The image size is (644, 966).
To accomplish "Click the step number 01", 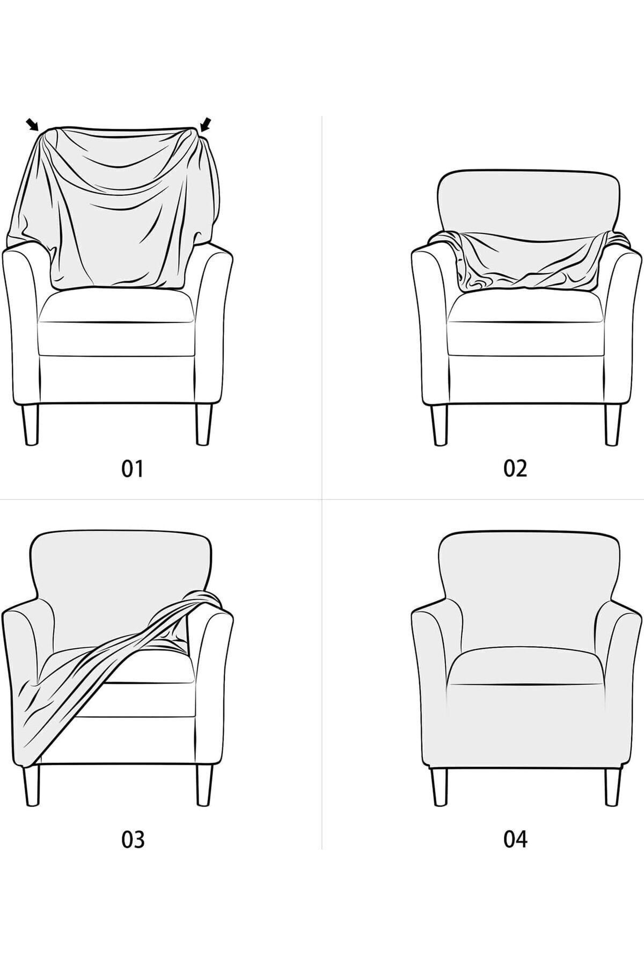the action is (133, 469).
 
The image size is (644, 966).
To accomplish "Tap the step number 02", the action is (515, 469).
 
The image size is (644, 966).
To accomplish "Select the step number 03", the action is (133, 839).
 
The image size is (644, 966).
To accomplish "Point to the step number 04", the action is (515, 839).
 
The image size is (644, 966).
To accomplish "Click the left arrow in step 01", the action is (32, 125).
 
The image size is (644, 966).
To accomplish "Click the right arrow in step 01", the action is (206, 124).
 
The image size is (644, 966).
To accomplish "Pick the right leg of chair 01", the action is (204, 424).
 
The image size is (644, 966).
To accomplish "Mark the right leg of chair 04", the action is (612, 794).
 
